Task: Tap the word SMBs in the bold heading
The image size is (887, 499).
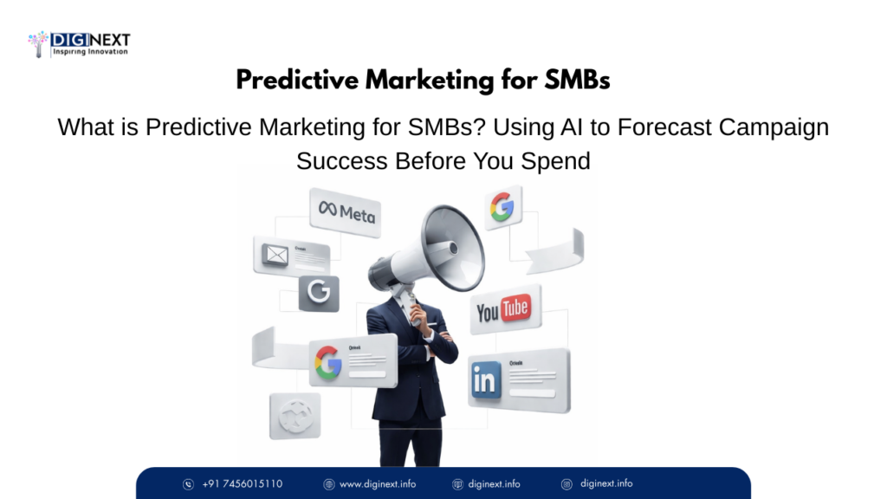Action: (577, 81)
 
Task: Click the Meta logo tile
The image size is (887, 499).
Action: (346, 211)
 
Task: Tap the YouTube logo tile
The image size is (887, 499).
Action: (502, 308)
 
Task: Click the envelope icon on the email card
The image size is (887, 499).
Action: (276, 255)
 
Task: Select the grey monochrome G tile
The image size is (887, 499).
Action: (319, 294)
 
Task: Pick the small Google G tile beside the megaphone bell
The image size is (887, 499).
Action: (502, 206)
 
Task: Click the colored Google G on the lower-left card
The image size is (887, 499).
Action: (328, 362)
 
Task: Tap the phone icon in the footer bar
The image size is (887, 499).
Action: (188, 483)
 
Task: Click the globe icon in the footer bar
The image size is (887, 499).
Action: (329, 483)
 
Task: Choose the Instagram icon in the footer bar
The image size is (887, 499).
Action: (567, 483)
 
